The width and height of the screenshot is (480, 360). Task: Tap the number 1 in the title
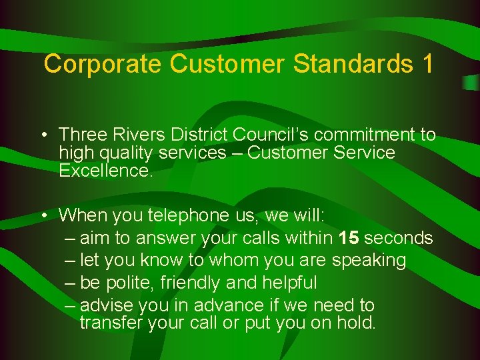tap(427, 64)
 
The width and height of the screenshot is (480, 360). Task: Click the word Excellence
tap(105, 171)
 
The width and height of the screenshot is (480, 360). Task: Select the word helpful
tap(289, 283)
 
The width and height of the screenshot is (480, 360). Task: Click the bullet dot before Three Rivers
tap(42, 135)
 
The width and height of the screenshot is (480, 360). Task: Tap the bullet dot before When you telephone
tap(42, 216)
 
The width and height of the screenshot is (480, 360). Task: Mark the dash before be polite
tap(71, 283)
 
